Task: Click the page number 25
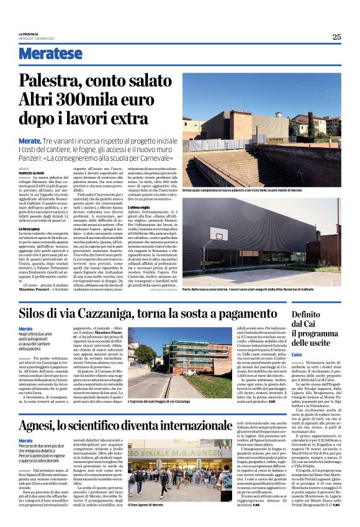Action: (x=336, y=37)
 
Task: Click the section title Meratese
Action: (x=50, y=53)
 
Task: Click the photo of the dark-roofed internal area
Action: (x=270, y=240)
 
